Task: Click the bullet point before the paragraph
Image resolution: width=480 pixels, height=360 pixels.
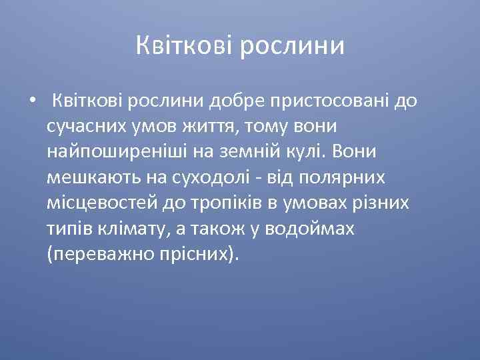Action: (32, 102)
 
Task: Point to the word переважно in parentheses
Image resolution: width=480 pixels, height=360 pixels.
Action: (101, 254)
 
